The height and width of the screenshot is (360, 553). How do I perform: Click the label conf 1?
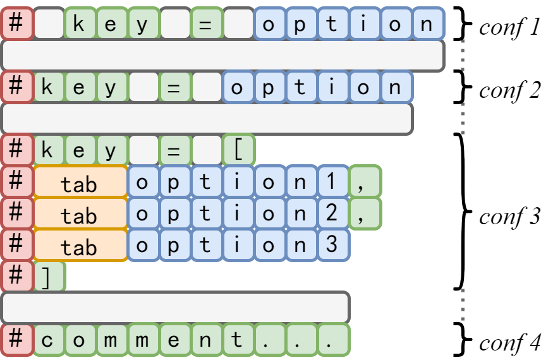click(509, 28)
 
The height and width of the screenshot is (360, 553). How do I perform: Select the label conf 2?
click(509, 90)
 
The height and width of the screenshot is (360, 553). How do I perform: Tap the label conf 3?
click(509, 216)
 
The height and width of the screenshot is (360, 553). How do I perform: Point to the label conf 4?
click(509, 343)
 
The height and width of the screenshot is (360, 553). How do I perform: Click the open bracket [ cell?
click(238, 150)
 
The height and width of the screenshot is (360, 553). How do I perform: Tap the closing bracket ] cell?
click(49, 277)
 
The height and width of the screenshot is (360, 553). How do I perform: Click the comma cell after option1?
click(365, 182)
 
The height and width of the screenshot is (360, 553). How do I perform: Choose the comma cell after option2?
click(365, 213)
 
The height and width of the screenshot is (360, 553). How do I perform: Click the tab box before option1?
click(80, 182)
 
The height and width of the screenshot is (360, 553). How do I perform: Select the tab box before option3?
click(80, 245)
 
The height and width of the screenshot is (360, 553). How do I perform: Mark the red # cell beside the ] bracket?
click(17, 277)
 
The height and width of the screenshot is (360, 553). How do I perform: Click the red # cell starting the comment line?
click(17, 340)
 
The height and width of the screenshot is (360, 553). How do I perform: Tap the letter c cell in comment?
click(49, 340)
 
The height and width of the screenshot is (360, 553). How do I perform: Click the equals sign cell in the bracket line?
click(175, 150)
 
